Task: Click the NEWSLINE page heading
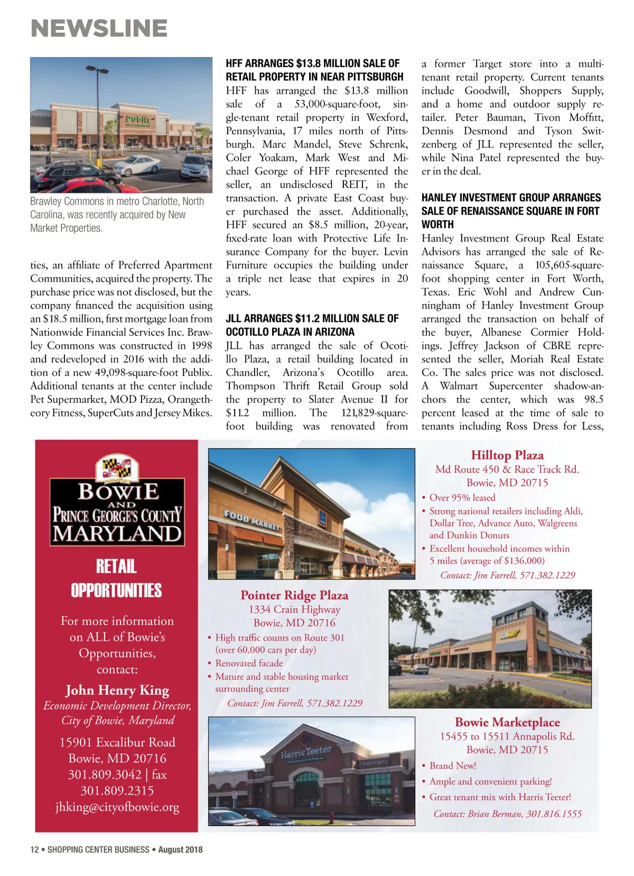point(99,29)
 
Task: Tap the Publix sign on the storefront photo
point(138,120)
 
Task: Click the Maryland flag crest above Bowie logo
point(117,468)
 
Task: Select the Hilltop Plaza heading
point(507,455)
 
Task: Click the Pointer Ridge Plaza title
point(294,595)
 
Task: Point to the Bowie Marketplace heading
point(507,722)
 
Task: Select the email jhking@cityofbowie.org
point(117,807)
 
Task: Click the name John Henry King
point(117,690)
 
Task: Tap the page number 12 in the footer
point(34,850)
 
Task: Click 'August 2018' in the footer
point(180,850)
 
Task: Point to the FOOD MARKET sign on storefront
point(251,520)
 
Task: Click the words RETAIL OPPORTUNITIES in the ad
point(117,578)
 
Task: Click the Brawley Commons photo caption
point(117,215)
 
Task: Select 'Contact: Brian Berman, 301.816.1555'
point(507,814)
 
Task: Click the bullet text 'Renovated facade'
point(249,663)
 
